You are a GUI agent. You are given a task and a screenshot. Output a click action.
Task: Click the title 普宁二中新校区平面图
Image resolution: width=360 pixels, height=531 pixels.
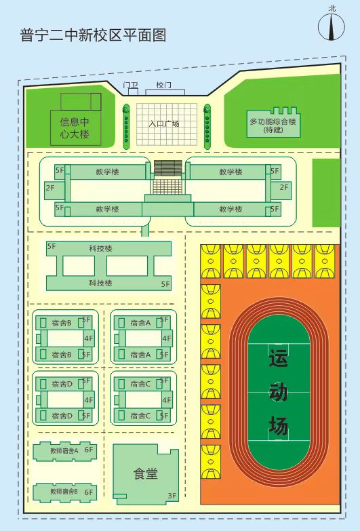[x=93, y=35]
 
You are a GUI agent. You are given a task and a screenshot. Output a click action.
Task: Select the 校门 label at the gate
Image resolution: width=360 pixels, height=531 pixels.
[x=163, y=85]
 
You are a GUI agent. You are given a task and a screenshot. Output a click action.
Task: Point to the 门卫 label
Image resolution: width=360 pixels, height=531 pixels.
[x=130, y=85]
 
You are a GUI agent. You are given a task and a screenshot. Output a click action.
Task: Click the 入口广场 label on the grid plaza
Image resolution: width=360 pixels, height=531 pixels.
[x=164, y=123]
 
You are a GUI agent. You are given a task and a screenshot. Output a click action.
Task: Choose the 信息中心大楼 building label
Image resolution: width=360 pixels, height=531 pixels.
[x=75, y=127]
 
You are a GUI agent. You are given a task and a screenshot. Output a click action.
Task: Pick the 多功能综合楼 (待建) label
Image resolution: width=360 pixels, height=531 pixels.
[x=273, y=125]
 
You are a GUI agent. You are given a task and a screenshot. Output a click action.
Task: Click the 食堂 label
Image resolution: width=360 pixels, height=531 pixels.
[x=146, y=473]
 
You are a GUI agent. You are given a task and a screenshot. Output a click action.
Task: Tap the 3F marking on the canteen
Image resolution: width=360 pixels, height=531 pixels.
[x=172, y=496]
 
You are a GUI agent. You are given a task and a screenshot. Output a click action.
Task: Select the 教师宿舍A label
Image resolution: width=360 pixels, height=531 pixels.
[x=64, y=450]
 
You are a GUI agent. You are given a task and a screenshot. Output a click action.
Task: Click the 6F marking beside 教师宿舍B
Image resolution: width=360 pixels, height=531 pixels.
[x=89, y=492]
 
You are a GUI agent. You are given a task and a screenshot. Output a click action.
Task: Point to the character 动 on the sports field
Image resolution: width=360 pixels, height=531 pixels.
[x=279, y=392]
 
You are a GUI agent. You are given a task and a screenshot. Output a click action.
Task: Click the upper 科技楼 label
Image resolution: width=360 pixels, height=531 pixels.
[x=100, y=249]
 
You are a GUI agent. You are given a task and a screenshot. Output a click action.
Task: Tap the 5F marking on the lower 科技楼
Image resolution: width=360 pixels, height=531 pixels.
[x=165, y=284]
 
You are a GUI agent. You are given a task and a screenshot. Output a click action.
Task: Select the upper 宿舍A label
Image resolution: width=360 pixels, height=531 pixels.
[x=140, y=323]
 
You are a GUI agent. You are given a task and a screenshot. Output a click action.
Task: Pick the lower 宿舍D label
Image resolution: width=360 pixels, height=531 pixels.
[x=62, y=416]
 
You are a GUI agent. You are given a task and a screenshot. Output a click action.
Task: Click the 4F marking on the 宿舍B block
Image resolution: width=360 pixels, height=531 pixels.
[x=89, y=338]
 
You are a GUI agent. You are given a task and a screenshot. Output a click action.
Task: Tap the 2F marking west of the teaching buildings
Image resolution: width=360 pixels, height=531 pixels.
[x=49, y=187]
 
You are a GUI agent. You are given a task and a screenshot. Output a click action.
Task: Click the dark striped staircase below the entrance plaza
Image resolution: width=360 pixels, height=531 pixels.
[x=168, y=168]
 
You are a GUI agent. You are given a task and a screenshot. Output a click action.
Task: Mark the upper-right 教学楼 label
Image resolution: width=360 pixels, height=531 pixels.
[x=231, y=172]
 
